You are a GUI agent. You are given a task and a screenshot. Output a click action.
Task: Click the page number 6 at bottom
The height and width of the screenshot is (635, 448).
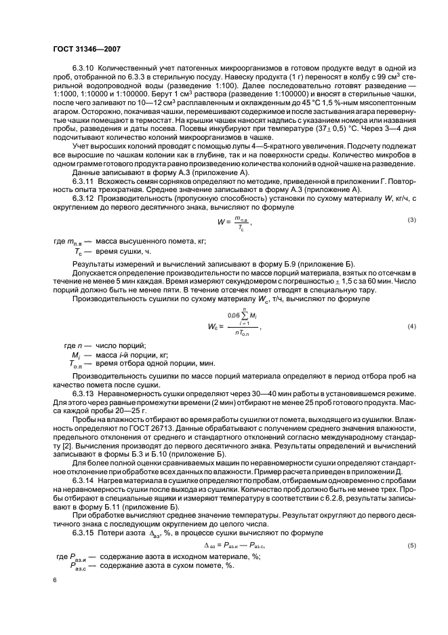(x=54, y=580)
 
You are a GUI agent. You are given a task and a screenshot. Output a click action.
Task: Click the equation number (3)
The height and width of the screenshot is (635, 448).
(x=411, y=220)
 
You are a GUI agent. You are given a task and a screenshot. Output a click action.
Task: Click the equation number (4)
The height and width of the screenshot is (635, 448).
(x=411, y=327)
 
